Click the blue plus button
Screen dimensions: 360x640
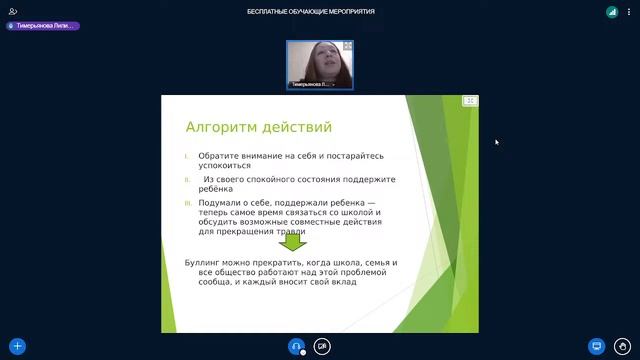click(x=17, y=347)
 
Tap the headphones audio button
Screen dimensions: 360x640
click(x=296, y=347)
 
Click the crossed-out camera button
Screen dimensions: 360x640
click(x=322, y=347)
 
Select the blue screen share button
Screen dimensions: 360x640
click(x=597, y=347)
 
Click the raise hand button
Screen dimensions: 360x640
click(x=623, y=347)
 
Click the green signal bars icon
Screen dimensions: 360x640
click(x=611, y=11)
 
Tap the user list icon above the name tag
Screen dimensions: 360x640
click(x=13, y=11)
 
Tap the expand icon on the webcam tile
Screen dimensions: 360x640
click(x=347, y=47)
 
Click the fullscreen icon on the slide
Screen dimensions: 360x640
click(x=470, y=101)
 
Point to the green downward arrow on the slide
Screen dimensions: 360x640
click(x=292, y=241)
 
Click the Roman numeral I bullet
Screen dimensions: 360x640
click(x=186, y=156)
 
